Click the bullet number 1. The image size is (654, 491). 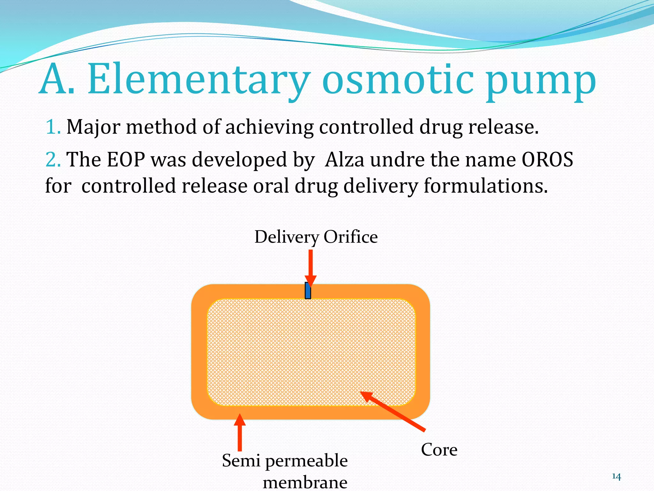coord(53,127)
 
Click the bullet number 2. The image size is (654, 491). coord(53,159)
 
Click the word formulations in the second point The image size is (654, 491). coord(485,186)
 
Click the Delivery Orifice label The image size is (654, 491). coord(316,237)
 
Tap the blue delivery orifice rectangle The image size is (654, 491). coord(308,291)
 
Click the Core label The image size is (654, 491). coord(439,450)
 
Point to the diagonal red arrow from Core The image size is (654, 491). coord(393,411)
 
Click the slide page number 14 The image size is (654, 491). coord(616,477)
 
